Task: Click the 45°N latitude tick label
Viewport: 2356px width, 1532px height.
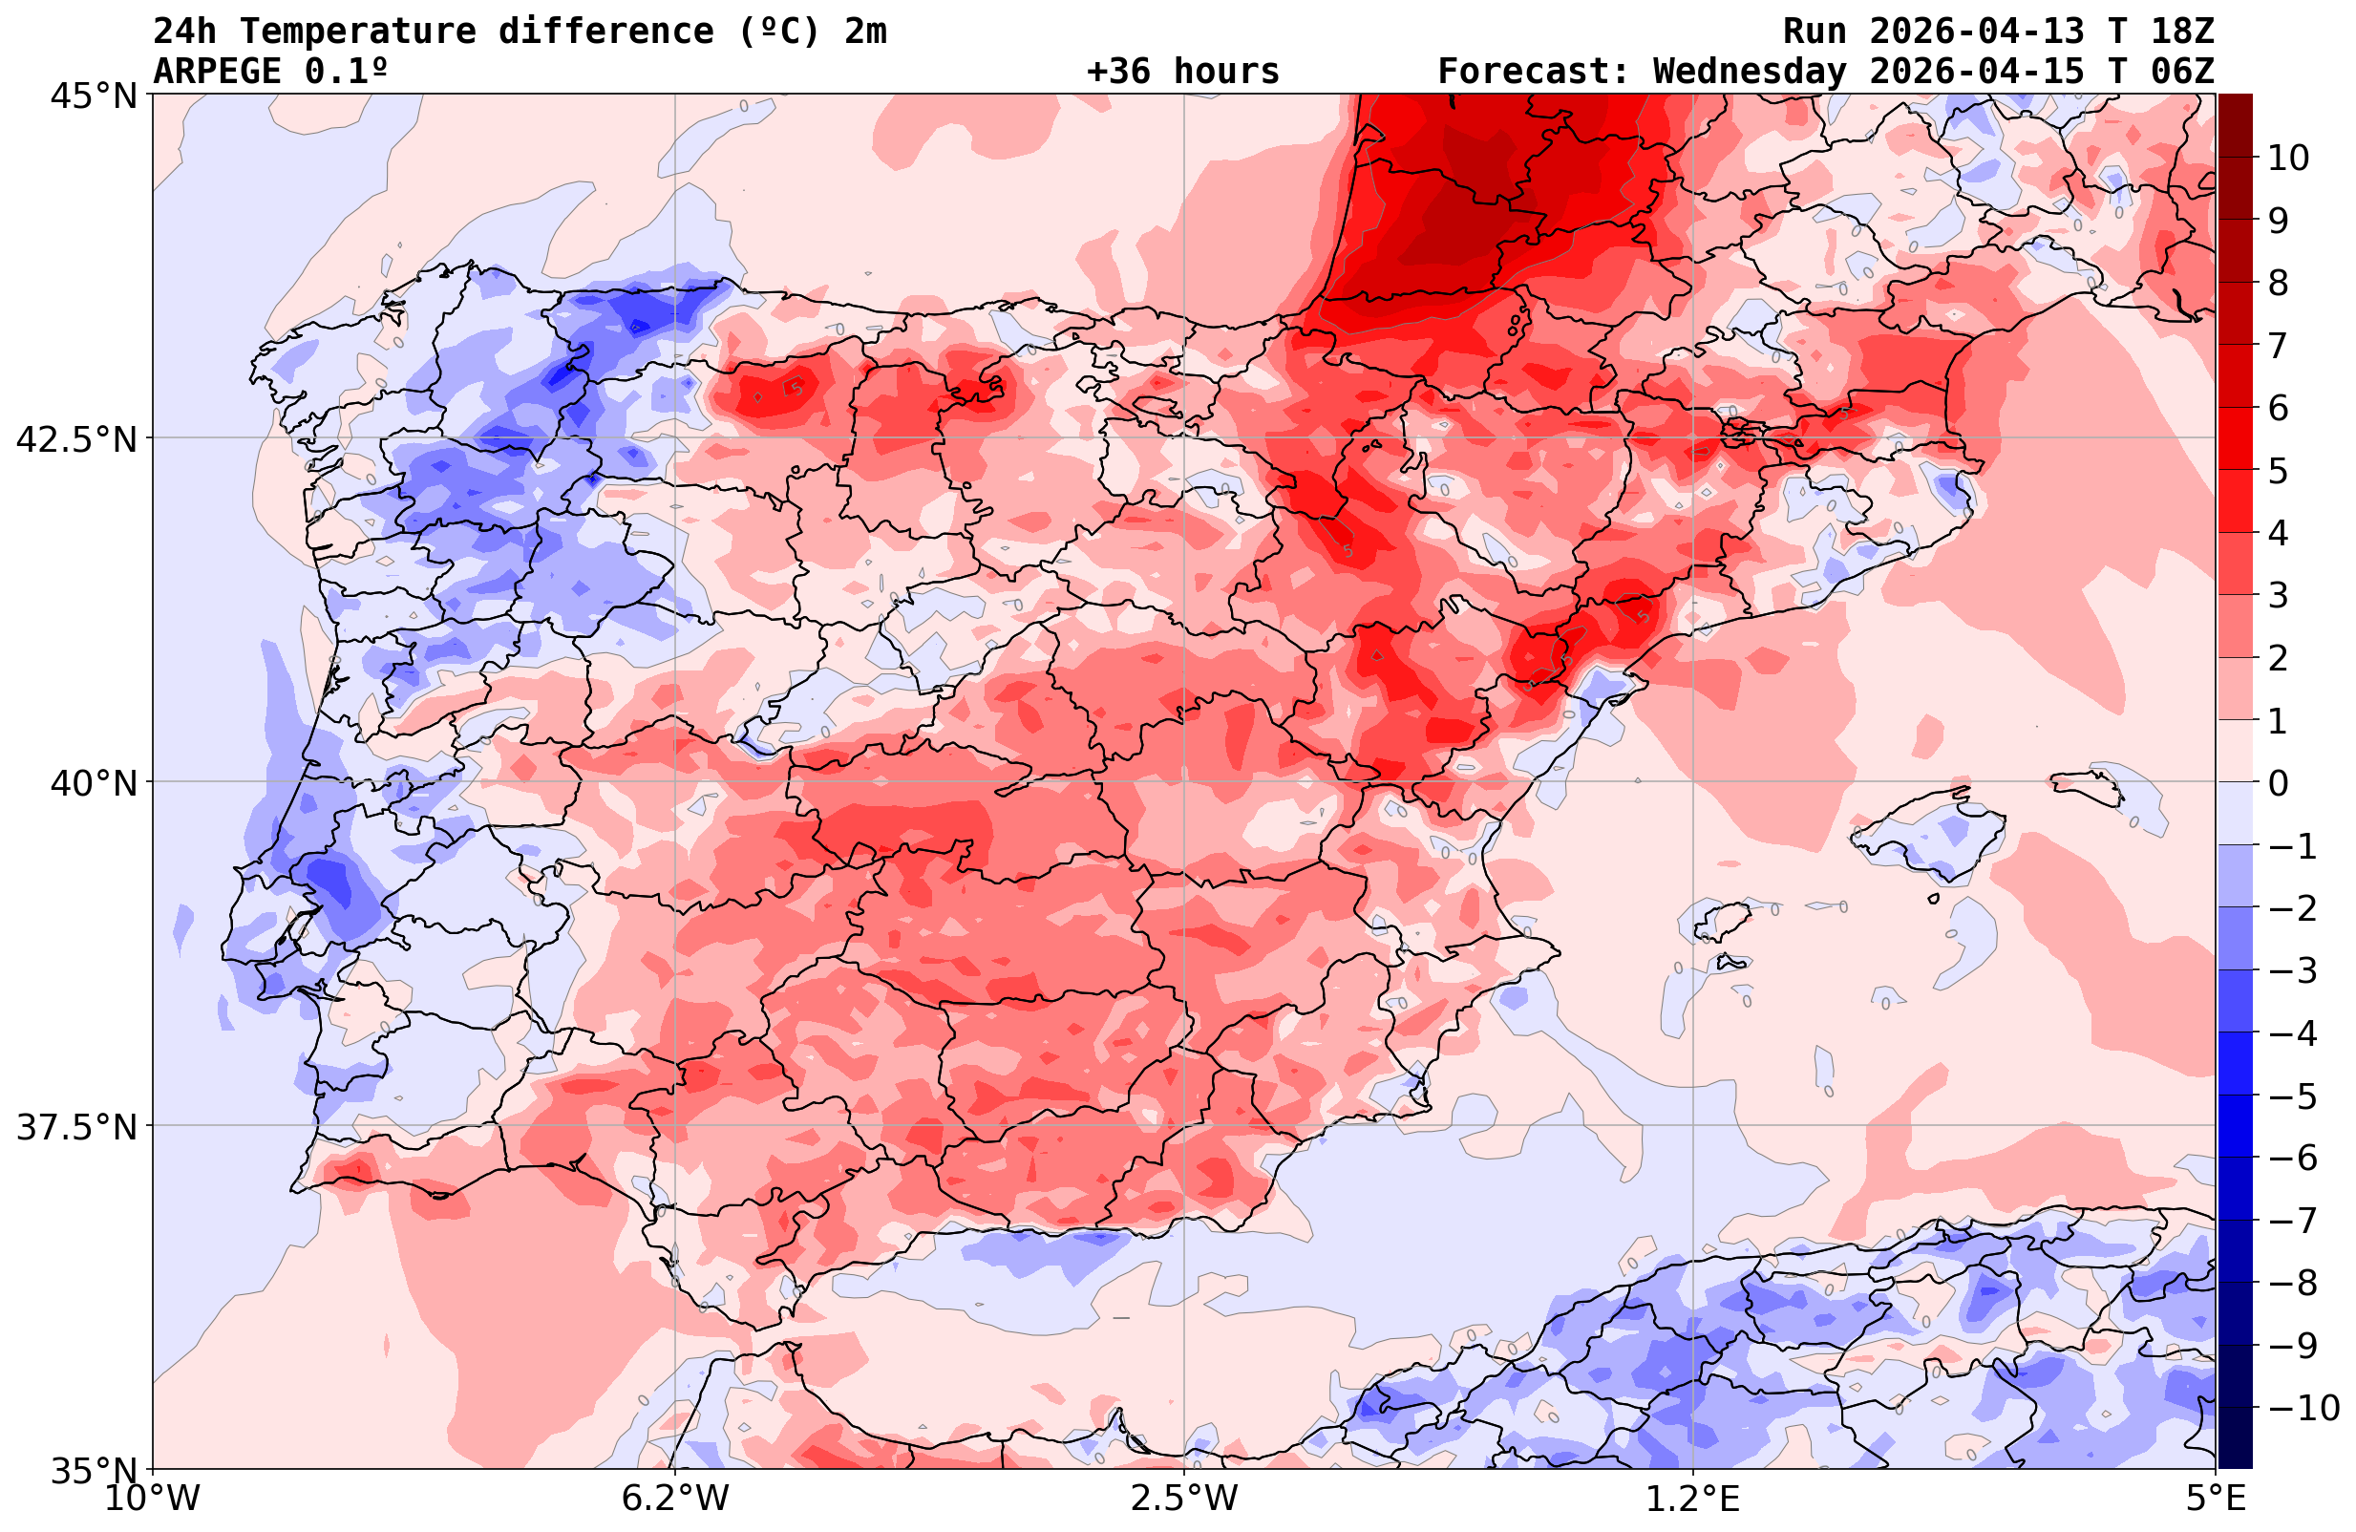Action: [x=94, y=97]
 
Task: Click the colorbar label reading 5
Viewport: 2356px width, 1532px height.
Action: [x=2278, y=472]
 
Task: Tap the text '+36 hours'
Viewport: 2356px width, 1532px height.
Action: [x=1183, y=72]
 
